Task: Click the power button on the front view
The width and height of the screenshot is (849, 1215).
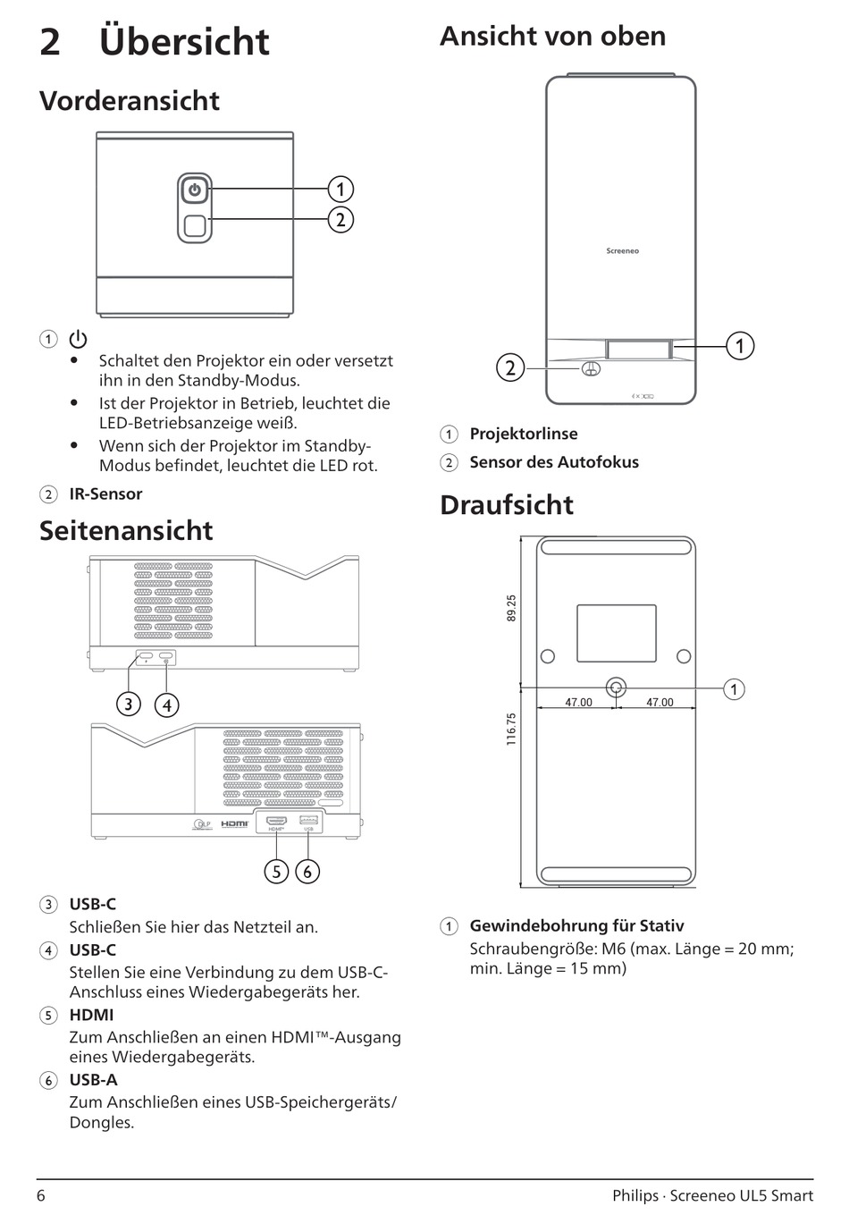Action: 195,190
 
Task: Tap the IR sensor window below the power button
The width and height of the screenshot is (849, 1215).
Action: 195,224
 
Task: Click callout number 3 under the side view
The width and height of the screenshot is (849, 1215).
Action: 128,705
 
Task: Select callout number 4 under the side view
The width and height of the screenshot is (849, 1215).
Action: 166,705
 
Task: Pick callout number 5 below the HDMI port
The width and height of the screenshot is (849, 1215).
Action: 276,871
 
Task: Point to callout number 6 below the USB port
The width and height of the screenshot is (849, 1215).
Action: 307,871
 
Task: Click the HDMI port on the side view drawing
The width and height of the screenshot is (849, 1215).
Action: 275,820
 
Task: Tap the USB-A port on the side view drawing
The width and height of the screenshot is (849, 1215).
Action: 308,820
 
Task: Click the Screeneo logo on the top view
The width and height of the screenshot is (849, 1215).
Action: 622,251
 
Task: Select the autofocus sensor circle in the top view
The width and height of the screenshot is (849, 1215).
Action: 591,368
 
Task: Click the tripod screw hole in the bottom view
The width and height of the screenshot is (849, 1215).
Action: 616,688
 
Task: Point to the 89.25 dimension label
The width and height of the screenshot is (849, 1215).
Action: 511,608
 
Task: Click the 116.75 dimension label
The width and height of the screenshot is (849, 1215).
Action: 511,729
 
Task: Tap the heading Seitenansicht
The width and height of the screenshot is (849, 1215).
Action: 126,530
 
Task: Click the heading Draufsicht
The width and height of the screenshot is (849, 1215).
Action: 506,504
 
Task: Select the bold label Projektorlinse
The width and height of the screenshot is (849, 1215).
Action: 523,434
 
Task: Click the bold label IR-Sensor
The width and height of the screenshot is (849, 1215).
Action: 105,494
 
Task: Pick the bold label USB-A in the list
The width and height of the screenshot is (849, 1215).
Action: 93,1079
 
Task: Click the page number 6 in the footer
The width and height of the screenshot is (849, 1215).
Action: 41,1195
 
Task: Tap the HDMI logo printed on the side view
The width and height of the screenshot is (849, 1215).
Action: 235,823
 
